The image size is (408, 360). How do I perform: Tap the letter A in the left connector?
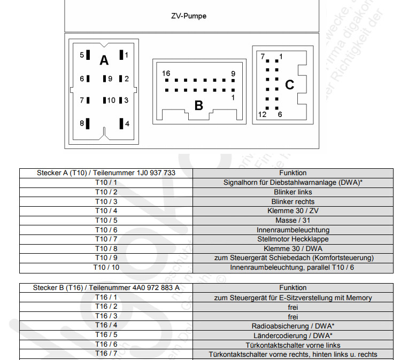pos(104,60)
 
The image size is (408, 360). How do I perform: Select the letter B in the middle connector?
pos(198,105)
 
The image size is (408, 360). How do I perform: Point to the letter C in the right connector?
pos(289,85)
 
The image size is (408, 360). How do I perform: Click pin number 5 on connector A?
pos(82,55)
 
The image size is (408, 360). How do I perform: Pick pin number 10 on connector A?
pos(111,100)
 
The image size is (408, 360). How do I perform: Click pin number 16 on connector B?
pos(166,74)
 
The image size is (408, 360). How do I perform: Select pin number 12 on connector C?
pos(262,114)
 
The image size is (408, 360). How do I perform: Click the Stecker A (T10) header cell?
pos(106,173)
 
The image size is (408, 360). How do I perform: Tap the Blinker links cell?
pos(292,192)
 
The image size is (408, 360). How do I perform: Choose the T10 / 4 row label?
pos(106,211)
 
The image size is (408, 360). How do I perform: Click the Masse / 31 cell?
pos(292,221)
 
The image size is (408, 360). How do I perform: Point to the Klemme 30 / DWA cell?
pos(292,249)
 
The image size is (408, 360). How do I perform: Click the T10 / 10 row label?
pos(106,268)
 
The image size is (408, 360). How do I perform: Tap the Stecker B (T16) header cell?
pos(106,288)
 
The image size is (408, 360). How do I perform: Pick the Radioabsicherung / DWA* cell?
pos(292,326)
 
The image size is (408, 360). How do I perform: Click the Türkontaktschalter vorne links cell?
pos(292,345)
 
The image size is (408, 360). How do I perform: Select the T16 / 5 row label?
pos(106,335)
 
